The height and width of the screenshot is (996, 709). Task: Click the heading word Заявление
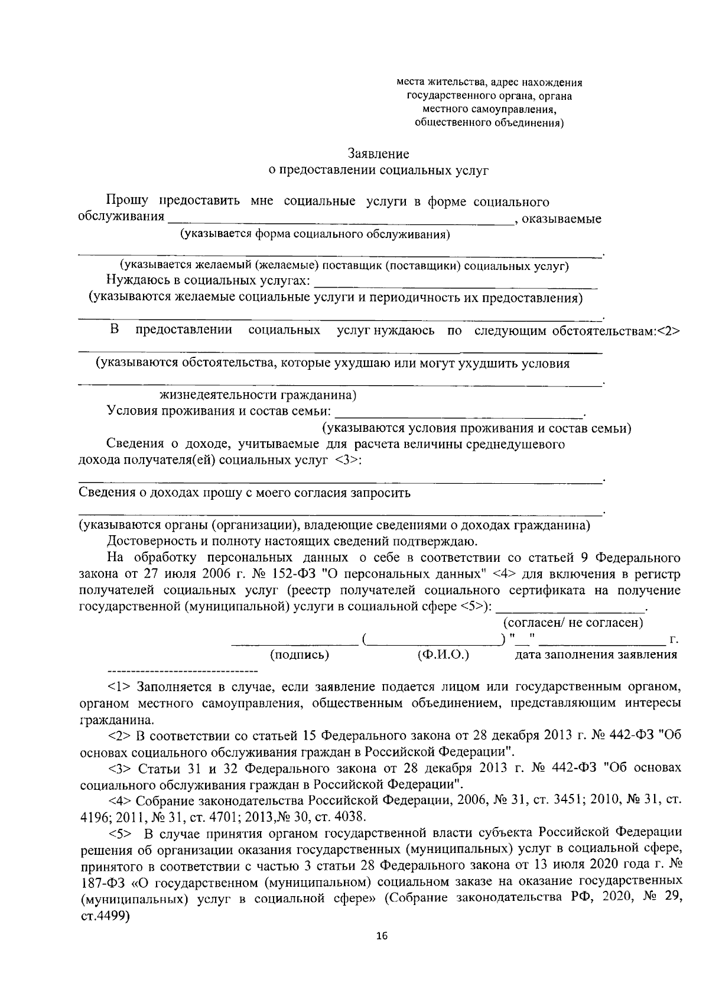click(378, 154)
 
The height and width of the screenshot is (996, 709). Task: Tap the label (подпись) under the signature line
click(299, 655)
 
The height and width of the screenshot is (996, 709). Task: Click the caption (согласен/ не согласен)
click(573, 622)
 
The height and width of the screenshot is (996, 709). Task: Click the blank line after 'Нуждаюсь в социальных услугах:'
click(455, 287)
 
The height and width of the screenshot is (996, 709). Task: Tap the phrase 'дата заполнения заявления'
click(596, 655)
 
